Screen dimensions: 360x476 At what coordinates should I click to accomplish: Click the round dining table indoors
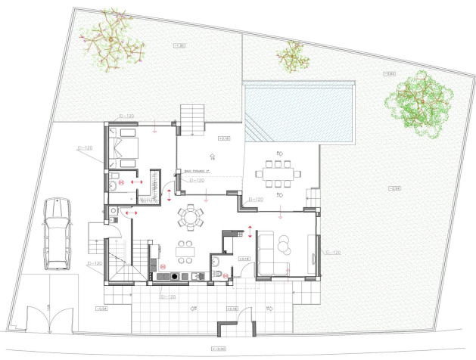click(x=190, y=217)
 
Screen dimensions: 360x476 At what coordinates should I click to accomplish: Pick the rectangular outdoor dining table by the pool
click(x=278, y=172)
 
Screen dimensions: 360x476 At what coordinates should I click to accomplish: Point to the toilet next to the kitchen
click(x=216, y=262)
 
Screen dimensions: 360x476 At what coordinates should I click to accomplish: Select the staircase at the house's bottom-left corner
click(x=121, y=258)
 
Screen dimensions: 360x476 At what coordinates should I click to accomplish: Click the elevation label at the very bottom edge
click(x=220, y=349)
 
